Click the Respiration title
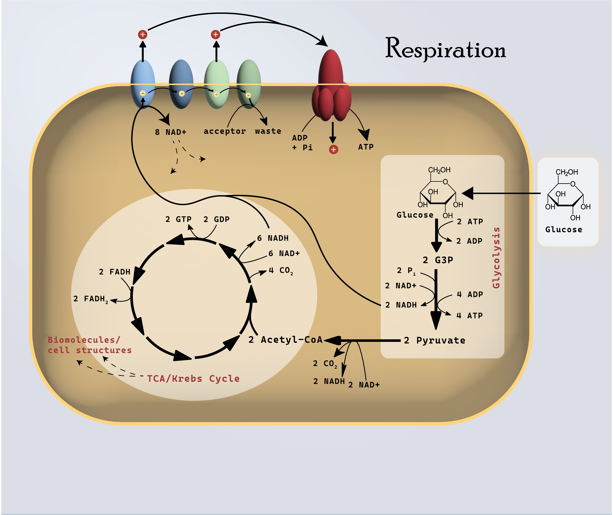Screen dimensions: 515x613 [x=446, y=49]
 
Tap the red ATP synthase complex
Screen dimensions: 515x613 [x=331, y=88]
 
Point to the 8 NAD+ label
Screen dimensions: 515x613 [x=171, y=132]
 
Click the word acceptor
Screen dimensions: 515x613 [x=225, y=131]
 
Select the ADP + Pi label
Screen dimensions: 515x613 [x=302, y=142]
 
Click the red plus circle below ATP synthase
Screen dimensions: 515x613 [x=333, y=150]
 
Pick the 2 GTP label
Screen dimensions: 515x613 [x=178, y=219]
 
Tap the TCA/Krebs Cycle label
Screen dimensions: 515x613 [x=193, y=379]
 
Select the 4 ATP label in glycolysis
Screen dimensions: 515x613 [x=470, y=316]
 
